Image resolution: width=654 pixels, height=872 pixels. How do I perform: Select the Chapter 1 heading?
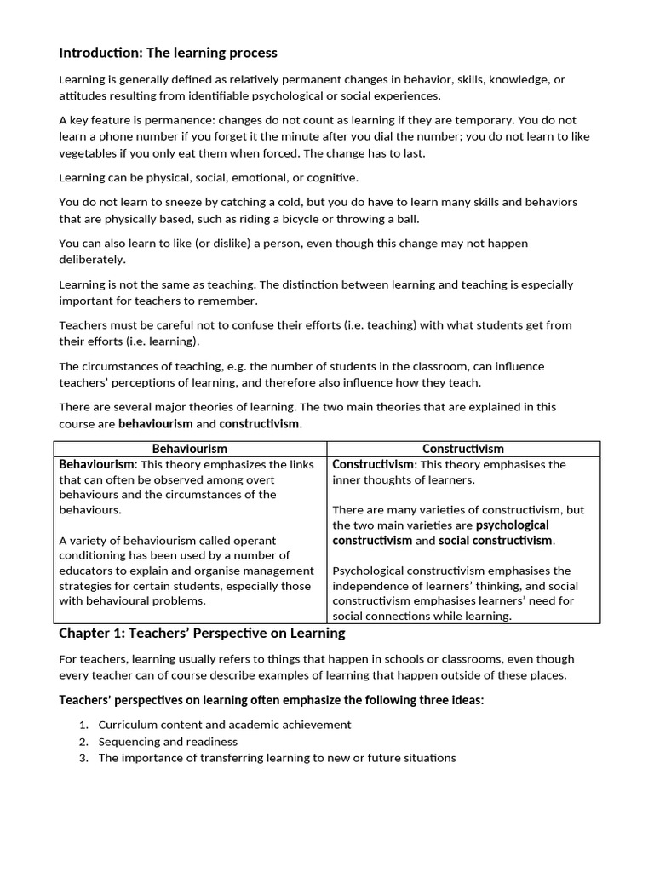coord(202,633)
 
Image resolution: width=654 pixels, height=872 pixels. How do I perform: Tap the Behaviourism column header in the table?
coord(190,448)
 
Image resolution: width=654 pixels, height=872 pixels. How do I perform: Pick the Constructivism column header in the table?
coord(463,448)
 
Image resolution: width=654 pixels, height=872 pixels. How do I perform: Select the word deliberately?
coord(92,259)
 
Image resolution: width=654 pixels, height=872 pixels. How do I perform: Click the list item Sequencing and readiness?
coord(168,741)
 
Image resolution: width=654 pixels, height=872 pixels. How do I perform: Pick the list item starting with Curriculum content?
coord(225,724)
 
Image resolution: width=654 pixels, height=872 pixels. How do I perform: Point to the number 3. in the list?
coord(83,757)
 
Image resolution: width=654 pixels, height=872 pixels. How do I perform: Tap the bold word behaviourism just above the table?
coord(155,423)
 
